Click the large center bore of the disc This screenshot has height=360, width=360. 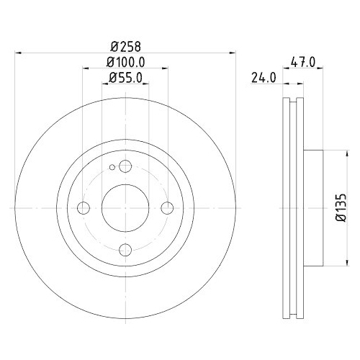pyautogui.click(x=125, y=208)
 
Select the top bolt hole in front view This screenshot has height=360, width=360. pyautogui.click(x=125, y=167)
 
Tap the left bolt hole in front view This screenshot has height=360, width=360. pyautogui.click(x=84, y=208)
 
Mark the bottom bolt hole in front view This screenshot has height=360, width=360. pyautogui.click(x=125, y=250)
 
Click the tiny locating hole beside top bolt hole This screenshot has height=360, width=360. pyautogui.click(x=111, y=170)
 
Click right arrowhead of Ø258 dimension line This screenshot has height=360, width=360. pyautogui.click(x=233, y=52)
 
